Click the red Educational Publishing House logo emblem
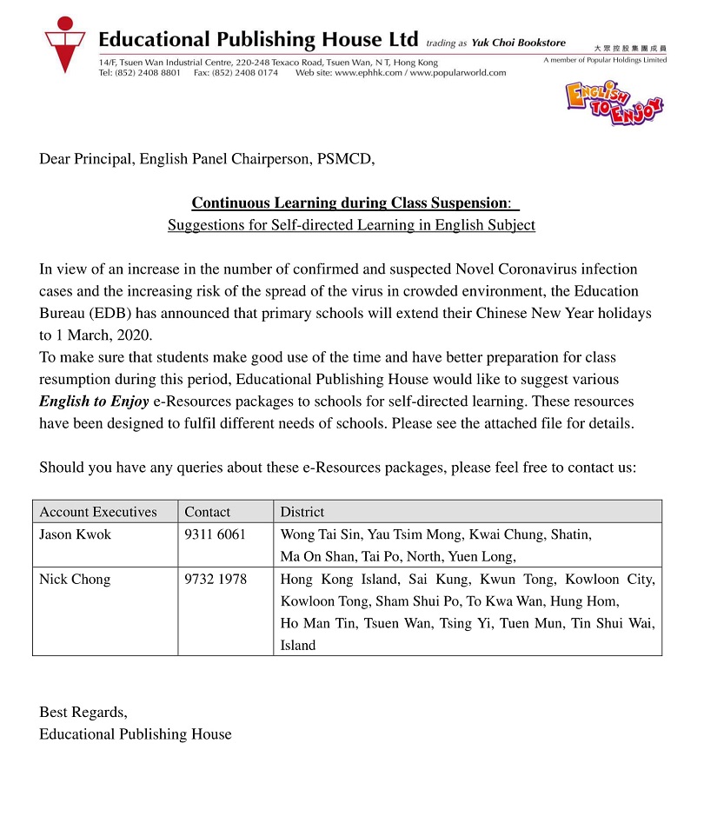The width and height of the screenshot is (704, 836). [x=64, y=48]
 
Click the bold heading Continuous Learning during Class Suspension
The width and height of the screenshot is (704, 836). [x=349, y=203]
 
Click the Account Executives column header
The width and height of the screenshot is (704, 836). [x=98, y=512]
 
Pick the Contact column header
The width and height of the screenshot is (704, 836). [x=208, y=512]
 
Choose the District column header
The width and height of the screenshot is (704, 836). [x=302, y=512]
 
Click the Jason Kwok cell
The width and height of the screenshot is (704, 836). [x=76, y=534]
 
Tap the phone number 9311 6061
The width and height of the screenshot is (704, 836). [x=215, y=534]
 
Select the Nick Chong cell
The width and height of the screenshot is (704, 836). [x=75, y=580]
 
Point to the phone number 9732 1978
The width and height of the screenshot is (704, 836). [x=216, y=580]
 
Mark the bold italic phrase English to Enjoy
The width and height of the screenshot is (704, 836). [x=94, y=401]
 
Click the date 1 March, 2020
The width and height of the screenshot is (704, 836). [x=98, y=335]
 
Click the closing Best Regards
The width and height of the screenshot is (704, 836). [x=83, y=713]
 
